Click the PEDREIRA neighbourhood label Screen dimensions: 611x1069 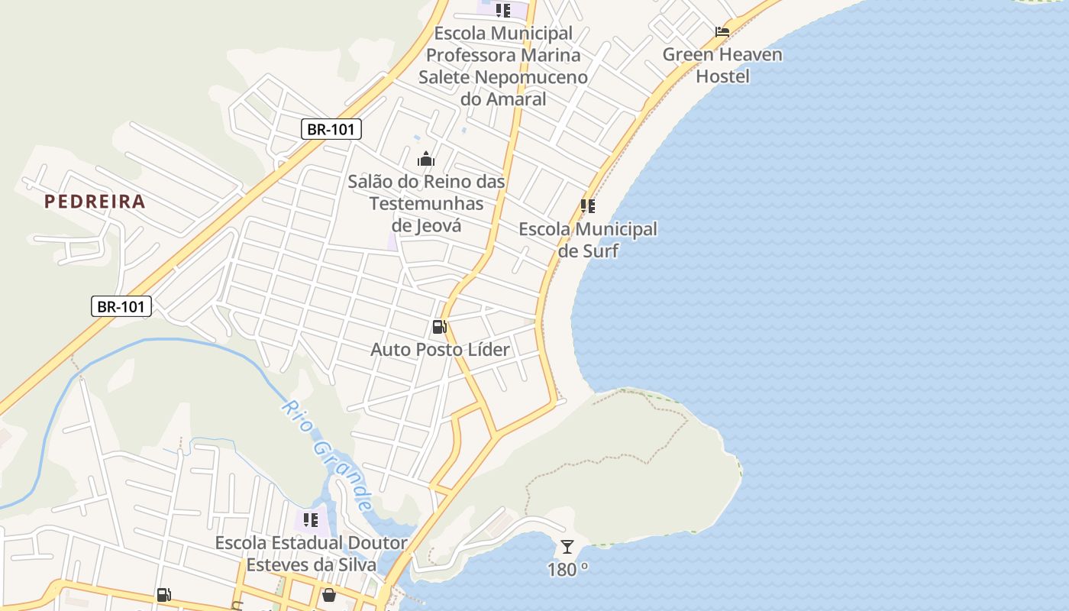95,202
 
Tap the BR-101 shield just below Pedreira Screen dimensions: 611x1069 121,306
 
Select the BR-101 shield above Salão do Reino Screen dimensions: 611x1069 331,129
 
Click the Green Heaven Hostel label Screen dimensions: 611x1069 722,65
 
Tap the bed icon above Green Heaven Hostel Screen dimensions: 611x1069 722,32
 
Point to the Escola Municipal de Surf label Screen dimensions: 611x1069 588,240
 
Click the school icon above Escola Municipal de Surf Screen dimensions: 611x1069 587,206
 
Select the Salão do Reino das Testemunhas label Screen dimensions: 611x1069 426,203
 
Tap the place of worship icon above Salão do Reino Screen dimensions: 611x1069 426,159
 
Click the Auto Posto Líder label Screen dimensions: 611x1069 440,350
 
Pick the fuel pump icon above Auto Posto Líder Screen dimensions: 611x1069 439,327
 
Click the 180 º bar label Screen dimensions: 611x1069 567,569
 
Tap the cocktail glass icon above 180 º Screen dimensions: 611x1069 567,547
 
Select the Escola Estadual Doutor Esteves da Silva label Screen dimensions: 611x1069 311,554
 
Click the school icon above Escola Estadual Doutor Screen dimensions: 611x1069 311,521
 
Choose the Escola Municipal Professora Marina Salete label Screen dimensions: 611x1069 503,66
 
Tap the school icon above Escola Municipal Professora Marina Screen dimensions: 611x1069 502,11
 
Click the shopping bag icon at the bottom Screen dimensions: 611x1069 329,594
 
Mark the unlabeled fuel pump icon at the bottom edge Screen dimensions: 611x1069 163,595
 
